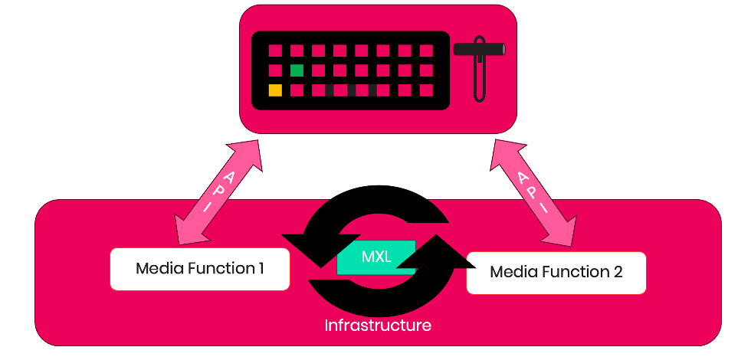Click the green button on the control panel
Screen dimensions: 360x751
297,70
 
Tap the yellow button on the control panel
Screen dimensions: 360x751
275,90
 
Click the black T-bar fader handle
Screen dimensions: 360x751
479,50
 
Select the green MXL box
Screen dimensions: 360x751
376,257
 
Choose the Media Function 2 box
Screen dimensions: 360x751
556,272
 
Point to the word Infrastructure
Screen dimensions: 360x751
378,326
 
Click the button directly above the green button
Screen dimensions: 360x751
297,51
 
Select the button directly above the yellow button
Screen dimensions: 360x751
275,70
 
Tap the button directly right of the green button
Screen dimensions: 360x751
318,70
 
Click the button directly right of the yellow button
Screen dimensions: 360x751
297,90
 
